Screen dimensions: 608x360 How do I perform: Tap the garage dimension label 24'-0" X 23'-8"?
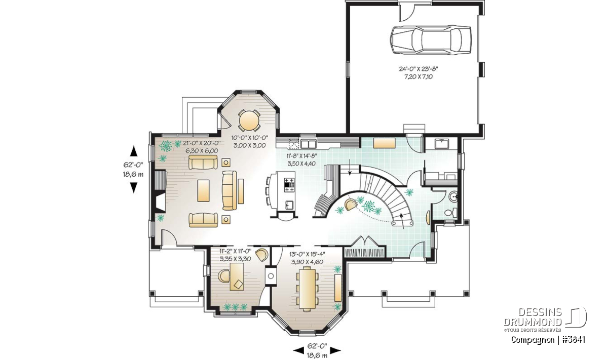pyautogui.click(x=419, y=69)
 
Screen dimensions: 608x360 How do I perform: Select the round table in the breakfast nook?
pyautogui.click(x=249, y=121)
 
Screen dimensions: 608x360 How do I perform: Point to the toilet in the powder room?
pyautogui.click(x=451, y=212)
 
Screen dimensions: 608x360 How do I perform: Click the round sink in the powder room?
pyautogui.click(x=453, y=196)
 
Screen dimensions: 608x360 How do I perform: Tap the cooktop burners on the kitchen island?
pyautogui.click(x=289, y=185)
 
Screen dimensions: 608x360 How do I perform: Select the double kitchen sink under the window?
pyautogui.click(x=308, y=143)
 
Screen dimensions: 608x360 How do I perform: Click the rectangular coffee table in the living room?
pyautogui.click(x=203, y=190)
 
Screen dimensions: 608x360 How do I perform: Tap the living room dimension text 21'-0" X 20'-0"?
pyautogui.click(x=202, y=143)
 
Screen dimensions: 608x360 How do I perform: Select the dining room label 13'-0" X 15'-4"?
pyautogui.click(x=307, y=254)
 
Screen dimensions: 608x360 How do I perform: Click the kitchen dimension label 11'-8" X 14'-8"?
pyautogui.click(x=301, y=156)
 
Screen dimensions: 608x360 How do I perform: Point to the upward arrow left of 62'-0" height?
pyautogui.click(x=133, y=151)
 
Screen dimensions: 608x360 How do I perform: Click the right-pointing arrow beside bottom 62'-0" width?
pyautogui.click(x=335, y=350)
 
